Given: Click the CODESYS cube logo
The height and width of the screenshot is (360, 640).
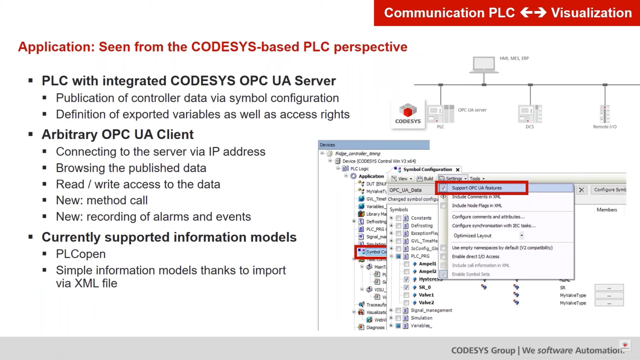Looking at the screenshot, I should (407, 111).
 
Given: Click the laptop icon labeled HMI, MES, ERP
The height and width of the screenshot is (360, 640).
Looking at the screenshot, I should (484, 64).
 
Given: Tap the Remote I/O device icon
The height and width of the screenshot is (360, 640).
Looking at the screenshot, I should (605, 114).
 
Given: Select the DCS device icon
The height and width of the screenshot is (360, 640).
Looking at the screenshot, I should (529, 114).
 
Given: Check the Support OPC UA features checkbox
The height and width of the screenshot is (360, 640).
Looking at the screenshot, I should (443, 188).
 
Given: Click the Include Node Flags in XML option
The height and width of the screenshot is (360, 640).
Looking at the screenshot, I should (477, 206).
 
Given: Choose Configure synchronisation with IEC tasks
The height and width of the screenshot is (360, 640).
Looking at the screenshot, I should (493, 226).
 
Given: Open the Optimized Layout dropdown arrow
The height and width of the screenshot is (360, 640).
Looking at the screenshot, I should (521, 235).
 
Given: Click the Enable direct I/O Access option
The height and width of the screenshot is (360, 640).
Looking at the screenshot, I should (475, 257).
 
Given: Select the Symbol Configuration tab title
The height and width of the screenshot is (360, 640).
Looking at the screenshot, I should (427, 170).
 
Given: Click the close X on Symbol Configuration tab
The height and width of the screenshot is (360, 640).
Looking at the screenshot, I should (458, 170).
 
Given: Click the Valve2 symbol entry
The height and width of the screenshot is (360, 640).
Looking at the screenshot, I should (426, 303).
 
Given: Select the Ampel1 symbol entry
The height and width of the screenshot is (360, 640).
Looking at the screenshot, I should (427, 264).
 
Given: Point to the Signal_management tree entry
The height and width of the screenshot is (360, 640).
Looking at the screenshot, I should (431, 311).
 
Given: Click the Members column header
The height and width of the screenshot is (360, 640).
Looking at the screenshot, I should (606, 210).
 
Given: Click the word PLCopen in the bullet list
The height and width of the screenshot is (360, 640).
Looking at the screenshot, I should (81, 254).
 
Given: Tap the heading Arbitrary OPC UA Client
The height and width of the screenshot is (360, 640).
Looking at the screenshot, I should (117, 135).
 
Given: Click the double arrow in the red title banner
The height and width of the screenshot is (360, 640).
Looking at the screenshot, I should (533, 13).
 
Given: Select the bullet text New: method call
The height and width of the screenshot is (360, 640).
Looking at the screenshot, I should (102, 200).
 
